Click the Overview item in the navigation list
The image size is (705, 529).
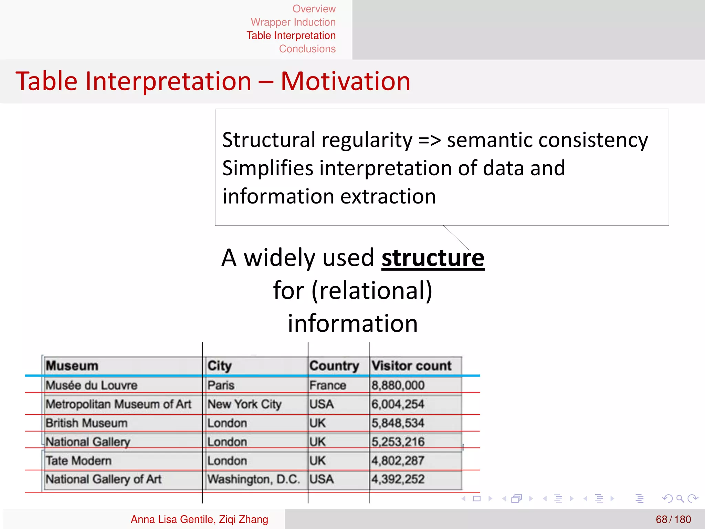pos(314,9)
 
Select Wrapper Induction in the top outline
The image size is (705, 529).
pos(293,22)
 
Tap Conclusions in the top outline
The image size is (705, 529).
pos(307,49)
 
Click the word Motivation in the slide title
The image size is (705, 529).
pos(345,81)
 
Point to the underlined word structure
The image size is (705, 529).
pos(433,258)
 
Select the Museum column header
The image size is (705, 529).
pos(72,366)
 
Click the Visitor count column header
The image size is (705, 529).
pos(411,366)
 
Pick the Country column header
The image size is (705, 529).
pos(334,366)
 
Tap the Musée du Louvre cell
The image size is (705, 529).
pos(92,385)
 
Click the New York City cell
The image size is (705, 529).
pos(244,404)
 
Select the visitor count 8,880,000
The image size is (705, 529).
pos(398,385)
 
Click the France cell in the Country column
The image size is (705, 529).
pos(327,385)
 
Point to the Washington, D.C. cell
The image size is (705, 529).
pos(253,479)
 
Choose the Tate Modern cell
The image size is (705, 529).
pos(79,460)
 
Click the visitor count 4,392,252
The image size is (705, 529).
pos(398,479)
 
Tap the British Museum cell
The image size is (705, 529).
pos(87,423)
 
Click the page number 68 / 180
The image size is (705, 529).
pos(673,519)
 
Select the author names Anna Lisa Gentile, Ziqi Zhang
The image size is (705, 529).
pos(199,519)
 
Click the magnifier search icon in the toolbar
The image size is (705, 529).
pos(680,498)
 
